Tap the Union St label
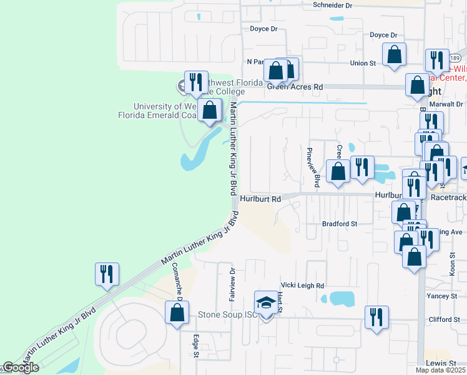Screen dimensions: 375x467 click(x=363, y=63)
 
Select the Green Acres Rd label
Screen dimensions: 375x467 click(x=295, y=87)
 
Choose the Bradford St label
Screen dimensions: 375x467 click(x=339, y=223)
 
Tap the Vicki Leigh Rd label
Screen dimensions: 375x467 click(x=303, y=286)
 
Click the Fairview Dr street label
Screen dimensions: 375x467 click(x=232, y=284)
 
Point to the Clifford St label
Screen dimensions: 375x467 click(x=445, y=319)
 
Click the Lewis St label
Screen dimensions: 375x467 click(x=441, y=363)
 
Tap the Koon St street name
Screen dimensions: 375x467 click(x=452, y=264)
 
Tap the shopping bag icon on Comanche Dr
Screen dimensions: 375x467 click(x=177, y=312)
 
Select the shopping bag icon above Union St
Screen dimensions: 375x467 click(x=395, y=54)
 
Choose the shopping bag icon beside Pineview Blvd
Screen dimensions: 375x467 click(x=338, y=171)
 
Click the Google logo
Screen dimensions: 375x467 click(x=20, y=368)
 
